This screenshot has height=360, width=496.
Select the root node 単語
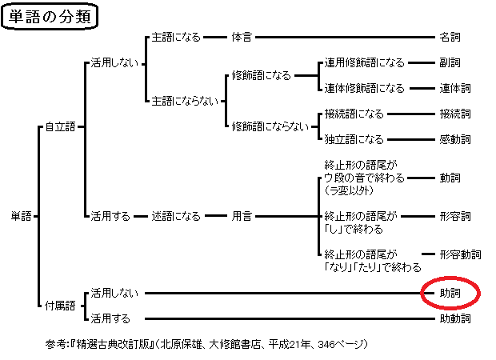pyautogui.click(x=21, y=216)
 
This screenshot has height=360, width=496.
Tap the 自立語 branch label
pyautogui.click(x=59, y=126)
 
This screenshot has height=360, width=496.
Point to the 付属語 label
pyautogui.click(x=59, y=305)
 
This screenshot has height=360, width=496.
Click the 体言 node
pyautogui.click(x=242, y=37)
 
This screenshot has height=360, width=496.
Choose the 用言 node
pyautogui.click(x=242, y=216)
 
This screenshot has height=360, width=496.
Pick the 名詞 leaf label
pyautogui.click(x=450, y=37)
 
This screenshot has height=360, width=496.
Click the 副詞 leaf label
pyautogui.click(x=450, y=62)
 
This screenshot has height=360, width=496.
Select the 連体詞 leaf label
pyautogui.click(x=454, y=88)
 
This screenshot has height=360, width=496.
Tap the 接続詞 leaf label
pyautogui.click(x=454, y=114)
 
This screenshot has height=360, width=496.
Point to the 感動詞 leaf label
pyautogui.click(x=454, y=139)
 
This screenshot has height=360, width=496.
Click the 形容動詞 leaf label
pyautogui.click(x=460, y=254)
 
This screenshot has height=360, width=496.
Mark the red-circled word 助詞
pyautogui.click(x=450, y=293)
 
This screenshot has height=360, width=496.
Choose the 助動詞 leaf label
pyautogui.click(x=454, y=318)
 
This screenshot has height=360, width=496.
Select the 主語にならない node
pyautogui.click(x=183, y=101)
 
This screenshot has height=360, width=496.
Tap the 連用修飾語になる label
pyautogui.click(x=364, y=62)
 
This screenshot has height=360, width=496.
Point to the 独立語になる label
pyautogui.click(x=354, y=139)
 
